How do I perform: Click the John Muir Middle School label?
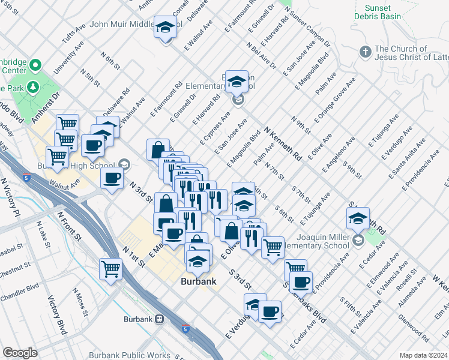point(122,25)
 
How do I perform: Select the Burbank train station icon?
point(160,319)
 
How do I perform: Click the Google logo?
point(20,353)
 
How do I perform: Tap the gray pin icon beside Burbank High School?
point(124,164)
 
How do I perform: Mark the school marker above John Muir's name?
point(164,28)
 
